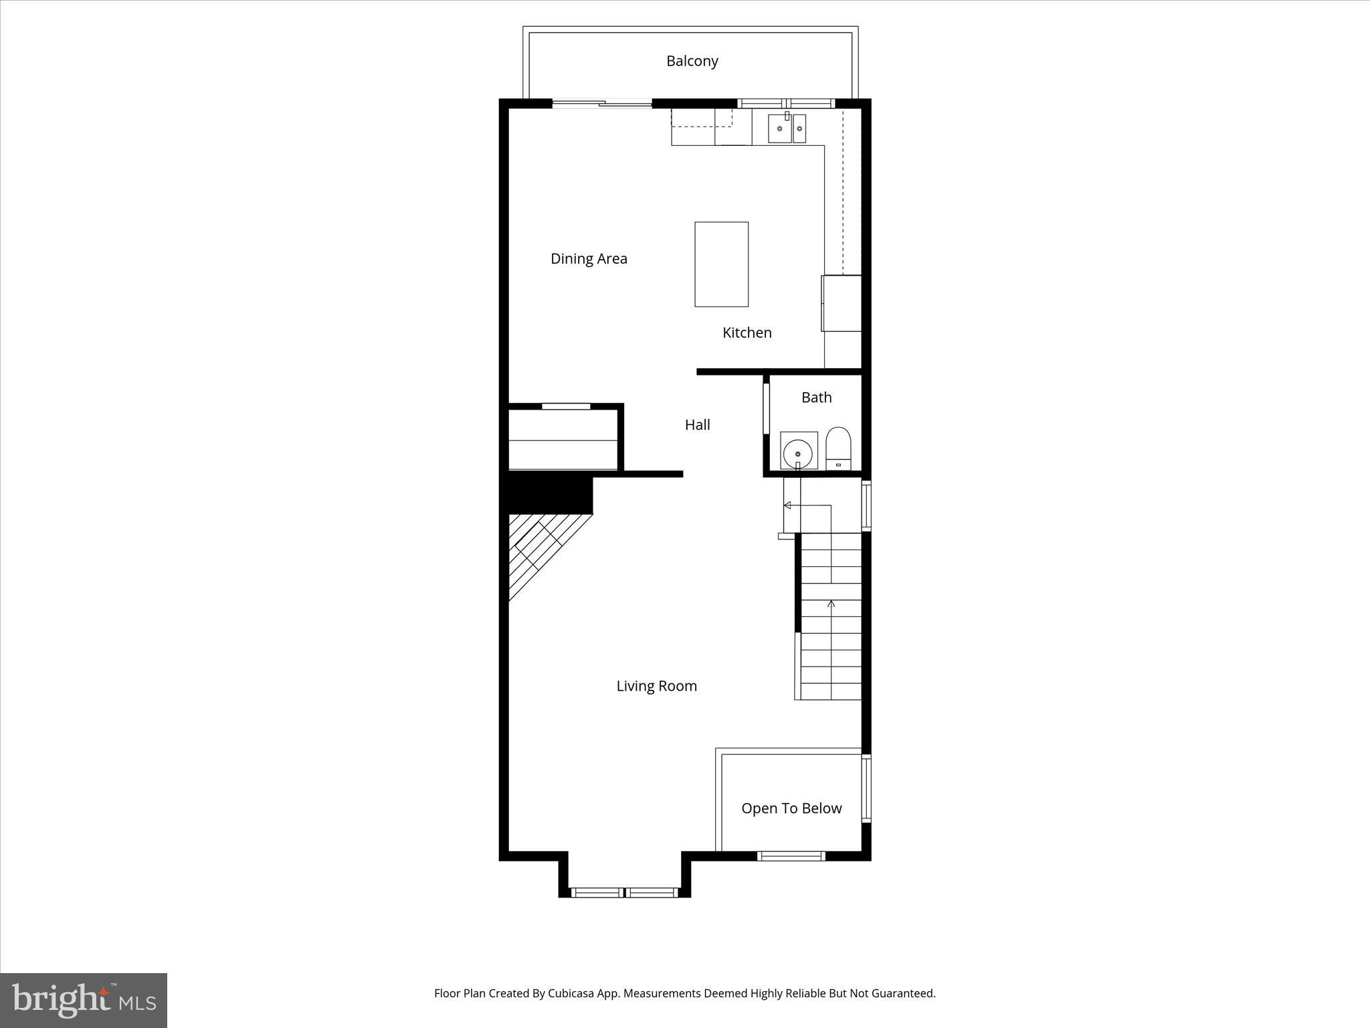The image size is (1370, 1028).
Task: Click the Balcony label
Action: (692, 61)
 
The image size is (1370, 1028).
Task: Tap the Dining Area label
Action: (589, 259)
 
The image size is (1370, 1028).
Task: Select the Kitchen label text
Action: (747, 333)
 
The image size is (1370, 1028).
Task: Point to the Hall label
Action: (697, 424)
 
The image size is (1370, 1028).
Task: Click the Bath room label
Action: (816, 398)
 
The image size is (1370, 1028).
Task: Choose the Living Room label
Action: (656, 686)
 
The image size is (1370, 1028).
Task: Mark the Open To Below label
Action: (791, 808)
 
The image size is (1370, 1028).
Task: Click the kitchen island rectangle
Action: (721, 264)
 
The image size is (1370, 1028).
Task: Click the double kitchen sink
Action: (787, 128)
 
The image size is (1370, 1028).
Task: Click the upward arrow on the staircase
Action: (831, 604)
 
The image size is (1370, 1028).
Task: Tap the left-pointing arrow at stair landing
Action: (788, 505)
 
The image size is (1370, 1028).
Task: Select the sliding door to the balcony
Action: (602, 104)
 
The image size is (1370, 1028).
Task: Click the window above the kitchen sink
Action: (787, 103)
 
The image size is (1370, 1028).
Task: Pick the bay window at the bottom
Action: (625, 892)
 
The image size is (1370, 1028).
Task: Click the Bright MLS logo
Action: (84, 1000)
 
